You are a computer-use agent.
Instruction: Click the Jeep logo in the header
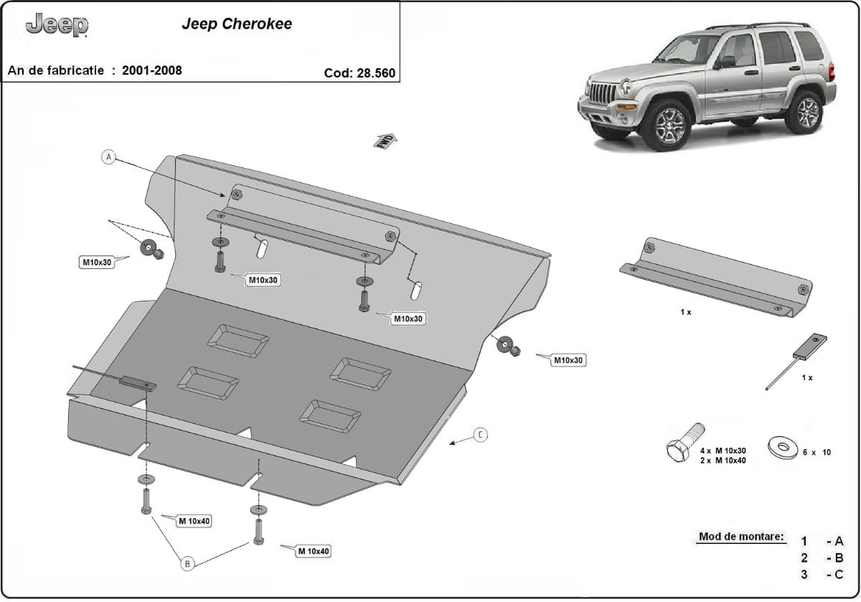[x=57, y=26]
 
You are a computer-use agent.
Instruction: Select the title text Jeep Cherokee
[x=236, y=24]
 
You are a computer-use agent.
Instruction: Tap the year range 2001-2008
[x=151, y=70]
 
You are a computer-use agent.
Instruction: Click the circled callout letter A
[x=108, y=156]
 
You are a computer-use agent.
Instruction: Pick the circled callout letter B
[x=187, y=564]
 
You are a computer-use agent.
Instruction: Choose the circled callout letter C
[x=481, y=435]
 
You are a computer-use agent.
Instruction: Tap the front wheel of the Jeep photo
[x=664, y=125]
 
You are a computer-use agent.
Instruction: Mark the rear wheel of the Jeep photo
[x=803, y=111]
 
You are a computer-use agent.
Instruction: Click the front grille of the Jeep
[x=601, y=94]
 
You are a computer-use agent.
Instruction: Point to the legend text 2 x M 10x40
[x=723, y=460]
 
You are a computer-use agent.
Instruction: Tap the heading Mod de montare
[x=740, y=537]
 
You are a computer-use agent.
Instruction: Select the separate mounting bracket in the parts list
[x=716, y=276]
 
